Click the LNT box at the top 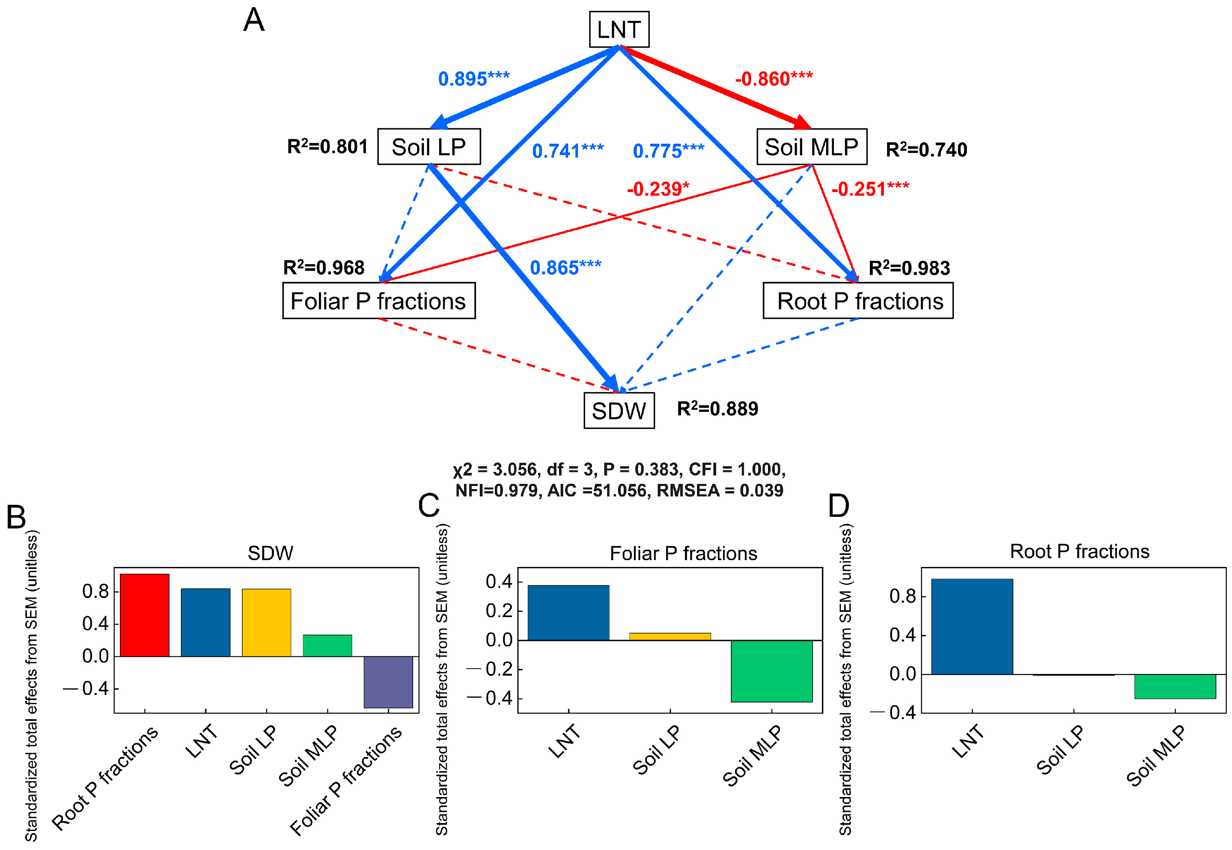(618, 29)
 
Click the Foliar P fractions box (378, 301)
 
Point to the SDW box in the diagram (618, 411)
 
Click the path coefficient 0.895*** (473, 79)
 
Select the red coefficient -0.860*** (773, 79)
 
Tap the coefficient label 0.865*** (565, 267)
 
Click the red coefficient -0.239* (658, 189)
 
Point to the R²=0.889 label (717, 409)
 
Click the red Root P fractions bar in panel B (144, 615)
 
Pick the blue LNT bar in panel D (972, 626)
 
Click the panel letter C (428, 506)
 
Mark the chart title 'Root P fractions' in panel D (1079, 551)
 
